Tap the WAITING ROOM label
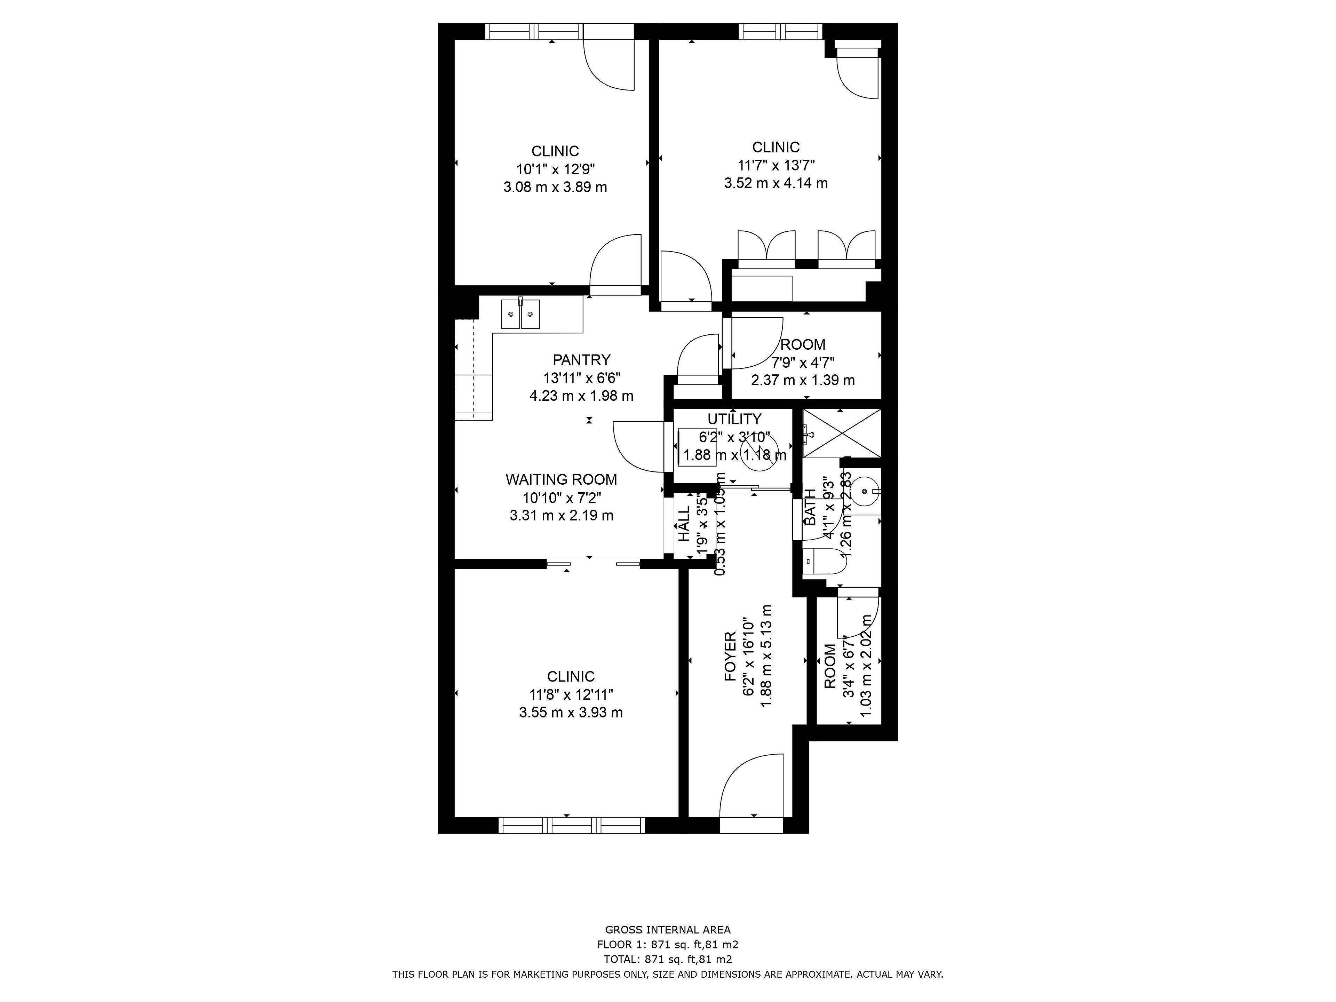[561, 479]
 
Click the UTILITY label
[734, 419]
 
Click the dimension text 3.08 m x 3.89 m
[555, 187]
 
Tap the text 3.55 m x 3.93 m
[571, 713]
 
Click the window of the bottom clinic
[572, 825]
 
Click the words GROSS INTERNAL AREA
[667, 930]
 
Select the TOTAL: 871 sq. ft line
[667, 959]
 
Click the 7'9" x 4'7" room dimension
[803, 363]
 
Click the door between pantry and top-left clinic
[615, 266]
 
